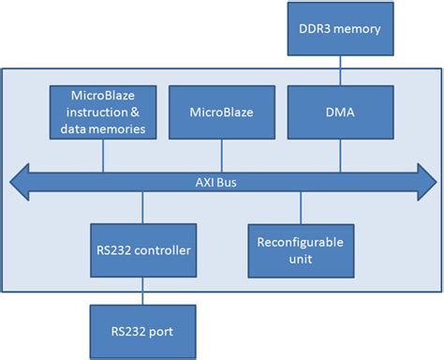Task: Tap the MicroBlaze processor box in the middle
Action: tap(220, 112)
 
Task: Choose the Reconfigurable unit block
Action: tap(300, 250)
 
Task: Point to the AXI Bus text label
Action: tap(223, 180)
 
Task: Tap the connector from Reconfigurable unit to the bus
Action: tap(300, 208)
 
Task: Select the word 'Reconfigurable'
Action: tap(300, 242)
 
